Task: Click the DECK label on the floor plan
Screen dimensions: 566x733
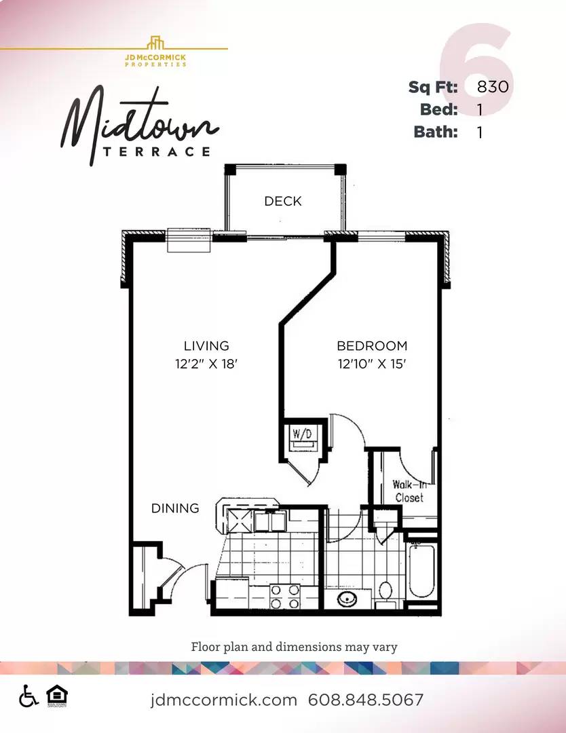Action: point(283,201)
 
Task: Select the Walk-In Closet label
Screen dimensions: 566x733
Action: point(409,491)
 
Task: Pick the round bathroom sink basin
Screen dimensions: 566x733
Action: point(347,598)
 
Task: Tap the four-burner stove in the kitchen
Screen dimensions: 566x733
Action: point(285,597)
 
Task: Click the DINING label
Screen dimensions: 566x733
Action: point(175,508)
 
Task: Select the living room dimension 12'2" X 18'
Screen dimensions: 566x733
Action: point(206,364)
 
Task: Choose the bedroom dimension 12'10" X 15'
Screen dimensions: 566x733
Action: point(372,364)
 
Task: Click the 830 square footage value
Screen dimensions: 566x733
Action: point(493,86)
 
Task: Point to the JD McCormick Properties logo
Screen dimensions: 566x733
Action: point(155,52)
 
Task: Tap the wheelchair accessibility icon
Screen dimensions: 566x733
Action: point(29,696)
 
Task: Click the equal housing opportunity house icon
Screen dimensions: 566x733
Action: point(57,696)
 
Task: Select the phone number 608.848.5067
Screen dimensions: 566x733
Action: point(366,700)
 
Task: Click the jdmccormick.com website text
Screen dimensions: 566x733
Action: point(223,700)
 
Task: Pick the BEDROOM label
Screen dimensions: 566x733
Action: point(372,346)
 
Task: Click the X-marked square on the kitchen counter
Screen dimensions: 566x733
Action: point(240,521)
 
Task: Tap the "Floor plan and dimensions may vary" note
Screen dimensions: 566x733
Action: point(294,647)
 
